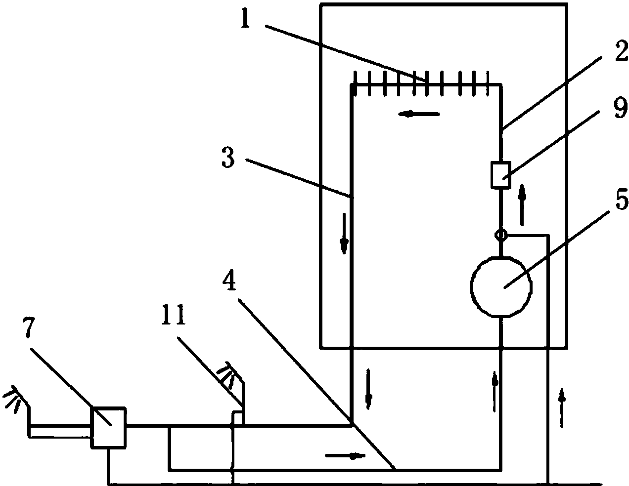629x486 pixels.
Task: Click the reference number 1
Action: click(245, 18)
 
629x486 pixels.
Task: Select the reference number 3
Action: click(227, 157)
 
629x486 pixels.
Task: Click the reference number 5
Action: click(622, 199)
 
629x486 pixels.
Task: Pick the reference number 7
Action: click(29, 327)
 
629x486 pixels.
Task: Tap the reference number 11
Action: click(173, 315)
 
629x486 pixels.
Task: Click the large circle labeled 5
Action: click(501, 286)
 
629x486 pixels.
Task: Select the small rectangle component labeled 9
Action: click(501, 175)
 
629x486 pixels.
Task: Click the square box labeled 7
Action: click(109, 428)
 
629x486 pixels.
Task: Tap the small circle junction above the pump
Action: click(501, 235)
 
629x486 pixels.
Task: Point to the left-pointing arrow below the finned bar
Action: click(419, 115)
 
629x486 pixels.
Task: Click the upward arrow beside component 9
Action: click(522, 205)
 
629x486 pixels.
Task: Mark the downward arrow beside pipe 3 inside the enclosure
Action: click(344, 234)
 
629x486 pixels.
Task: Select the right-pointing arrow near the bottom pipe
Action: click(345, 456)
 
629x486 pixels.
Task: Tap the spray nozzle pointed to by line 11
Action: click(230, 375)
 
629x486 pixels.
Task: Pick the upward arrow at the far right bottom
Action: click(562, 408)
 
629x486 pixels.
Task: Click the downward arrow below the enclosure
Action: click(368, 389)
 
